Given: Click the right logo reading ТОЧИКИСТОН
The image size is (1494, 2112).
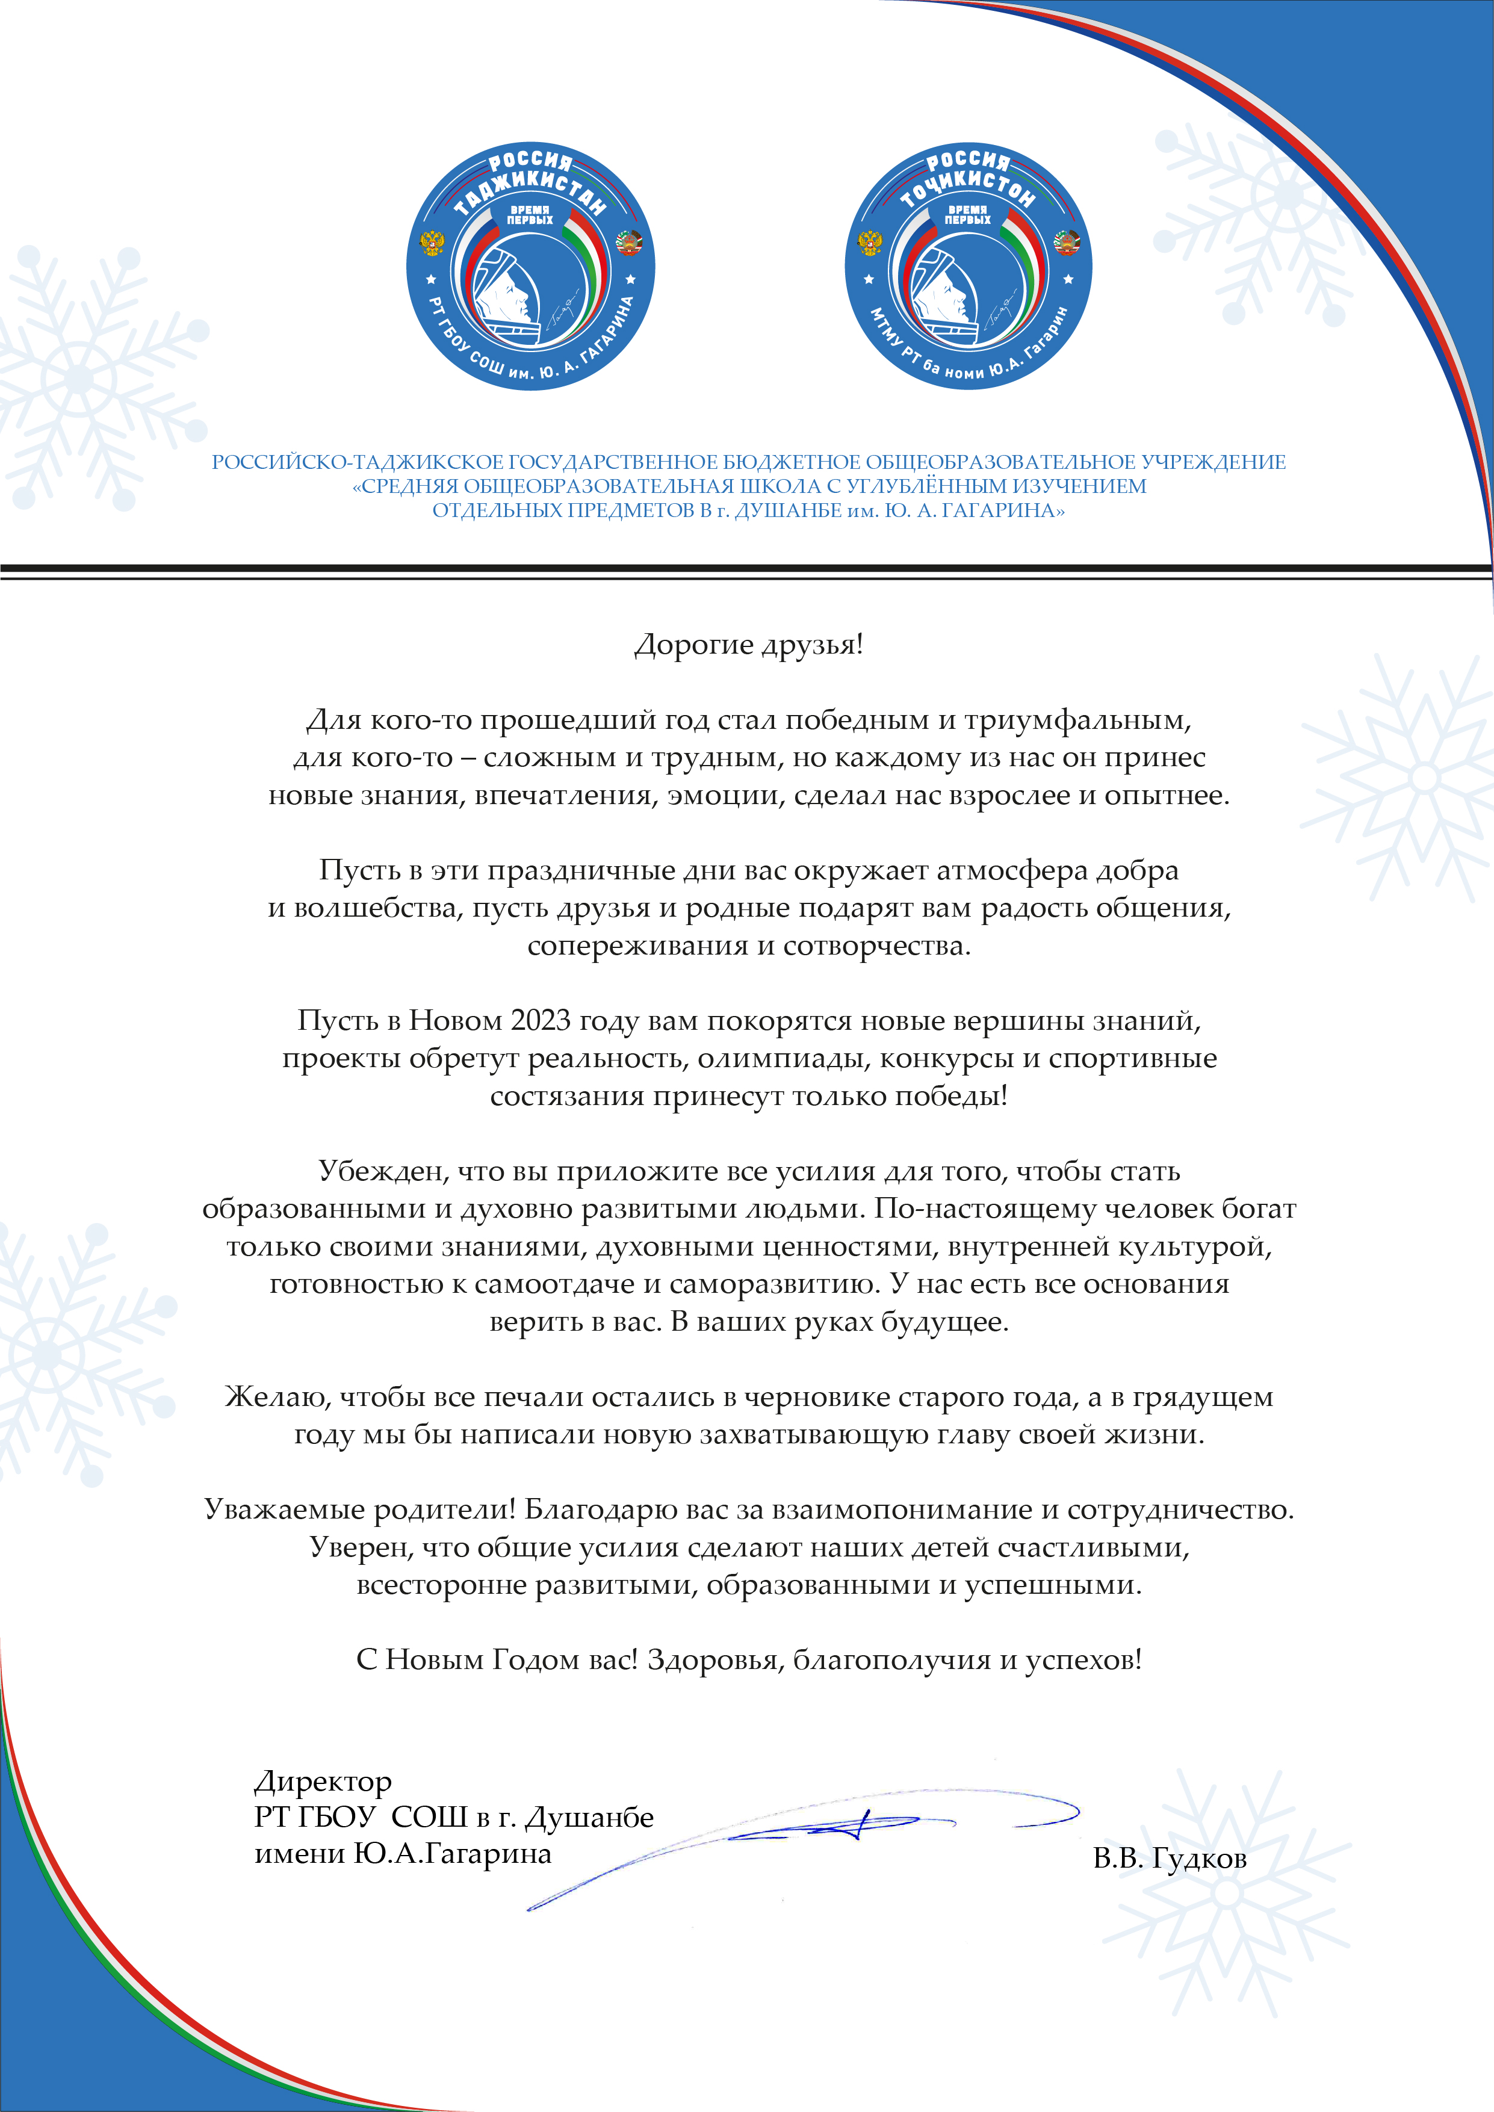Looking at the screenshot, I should (x=968, y=266).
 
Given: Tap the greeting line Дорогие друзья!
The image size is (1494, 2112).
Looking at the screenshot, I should (x=749, y=645).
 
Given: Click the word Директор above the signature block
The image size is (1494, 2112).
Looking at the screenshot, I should (x=323, y=1782).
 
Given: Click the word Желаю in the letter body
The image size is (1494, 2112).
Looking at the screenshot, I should (x=278, y=1398).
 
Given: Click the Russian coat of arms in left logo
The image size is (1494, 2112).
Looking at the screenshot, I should (x=432, y=244).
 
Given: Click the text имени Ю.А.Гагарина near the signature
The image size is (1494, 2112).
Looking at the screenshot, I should (x=403, y=1854).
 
